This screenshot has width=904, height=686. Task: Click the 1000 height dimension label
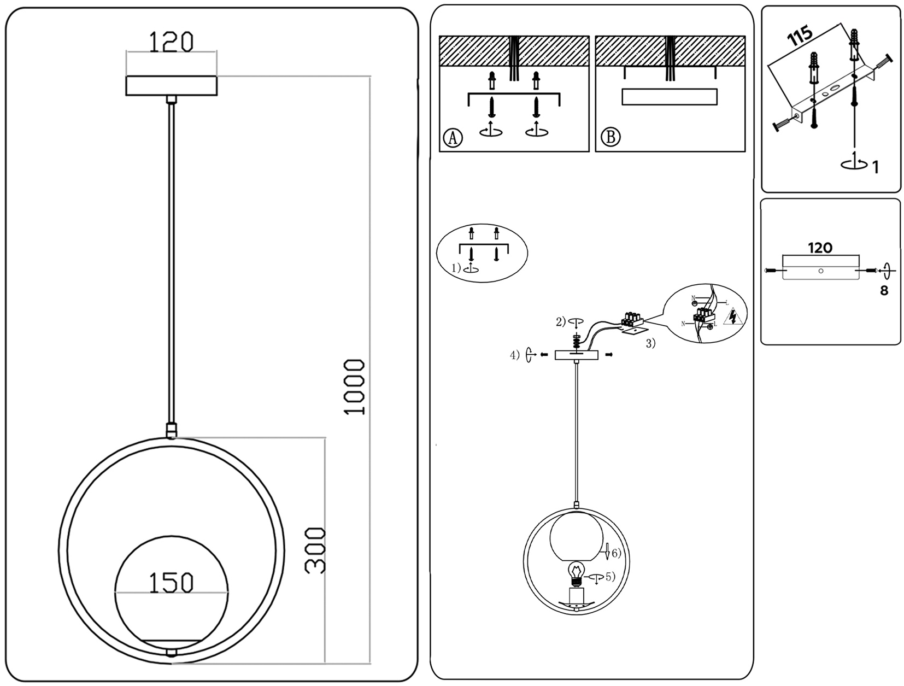355,387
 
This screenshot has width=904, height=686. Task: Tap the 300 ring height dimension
315,550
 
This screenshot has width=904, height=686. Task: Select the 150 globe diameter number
171,583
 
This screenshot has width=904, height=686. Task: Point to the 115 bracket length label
800,36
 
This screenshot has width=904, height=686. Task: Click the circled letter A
452,137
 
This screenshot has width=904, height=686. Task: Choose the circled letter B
611,137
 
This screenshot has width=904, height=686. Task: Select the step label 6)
615,553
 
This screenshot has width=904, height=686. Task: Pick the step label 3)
650,344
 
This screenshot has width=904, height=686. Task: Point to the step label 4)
514,355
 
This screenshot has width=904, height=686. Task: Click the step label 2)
561,322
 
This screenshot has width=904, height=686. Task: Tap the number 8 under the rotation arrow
884,291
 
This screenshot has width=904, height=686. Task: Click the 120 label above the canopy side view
820,248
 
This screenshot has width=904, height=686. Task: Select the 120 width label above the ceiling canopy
171,42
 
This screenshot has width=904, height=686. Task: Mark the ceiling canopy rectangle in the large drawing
171,86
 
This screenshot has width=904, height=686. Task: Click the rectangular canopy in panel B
670,97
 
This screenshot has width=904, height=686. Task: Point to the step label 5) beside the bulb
610,576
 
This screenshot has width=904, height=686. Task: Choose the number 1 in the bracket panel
876,167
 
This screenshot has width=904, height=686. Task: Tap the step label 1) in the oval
456,268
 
